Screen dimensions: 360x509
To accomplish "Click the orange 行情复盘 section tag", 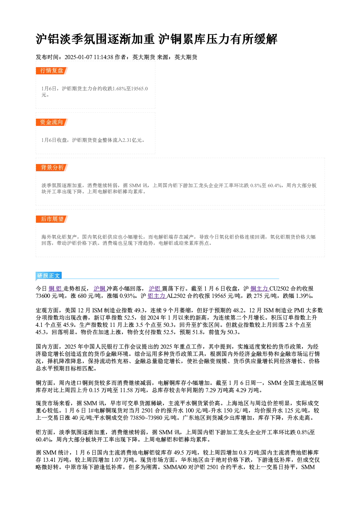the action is coord(52,71).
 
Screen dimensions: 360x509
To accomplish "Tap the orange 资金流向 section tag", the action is coord(52,122).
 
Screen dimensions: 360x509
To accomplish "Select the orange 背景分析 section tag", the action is coord(52,168).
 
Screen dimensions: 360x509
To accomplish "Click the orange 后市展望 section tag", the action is coord(52,219).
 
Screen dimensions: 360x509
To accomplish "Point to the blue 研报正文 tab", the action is coord(49,276).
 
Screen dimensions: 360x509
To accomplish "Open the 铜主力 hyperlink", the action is coord(260,288).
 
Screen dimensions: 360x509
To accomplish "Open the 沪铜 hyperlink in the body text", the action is coord(100,288).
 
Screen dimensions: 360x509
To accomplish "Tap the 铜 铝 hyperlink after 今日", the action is coord(56,288).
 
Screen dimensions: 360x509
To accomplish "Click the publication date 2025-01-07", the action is coord(78,57).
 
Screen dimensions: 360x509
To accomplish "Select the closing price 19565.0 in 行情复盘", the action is coord(139,89).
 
